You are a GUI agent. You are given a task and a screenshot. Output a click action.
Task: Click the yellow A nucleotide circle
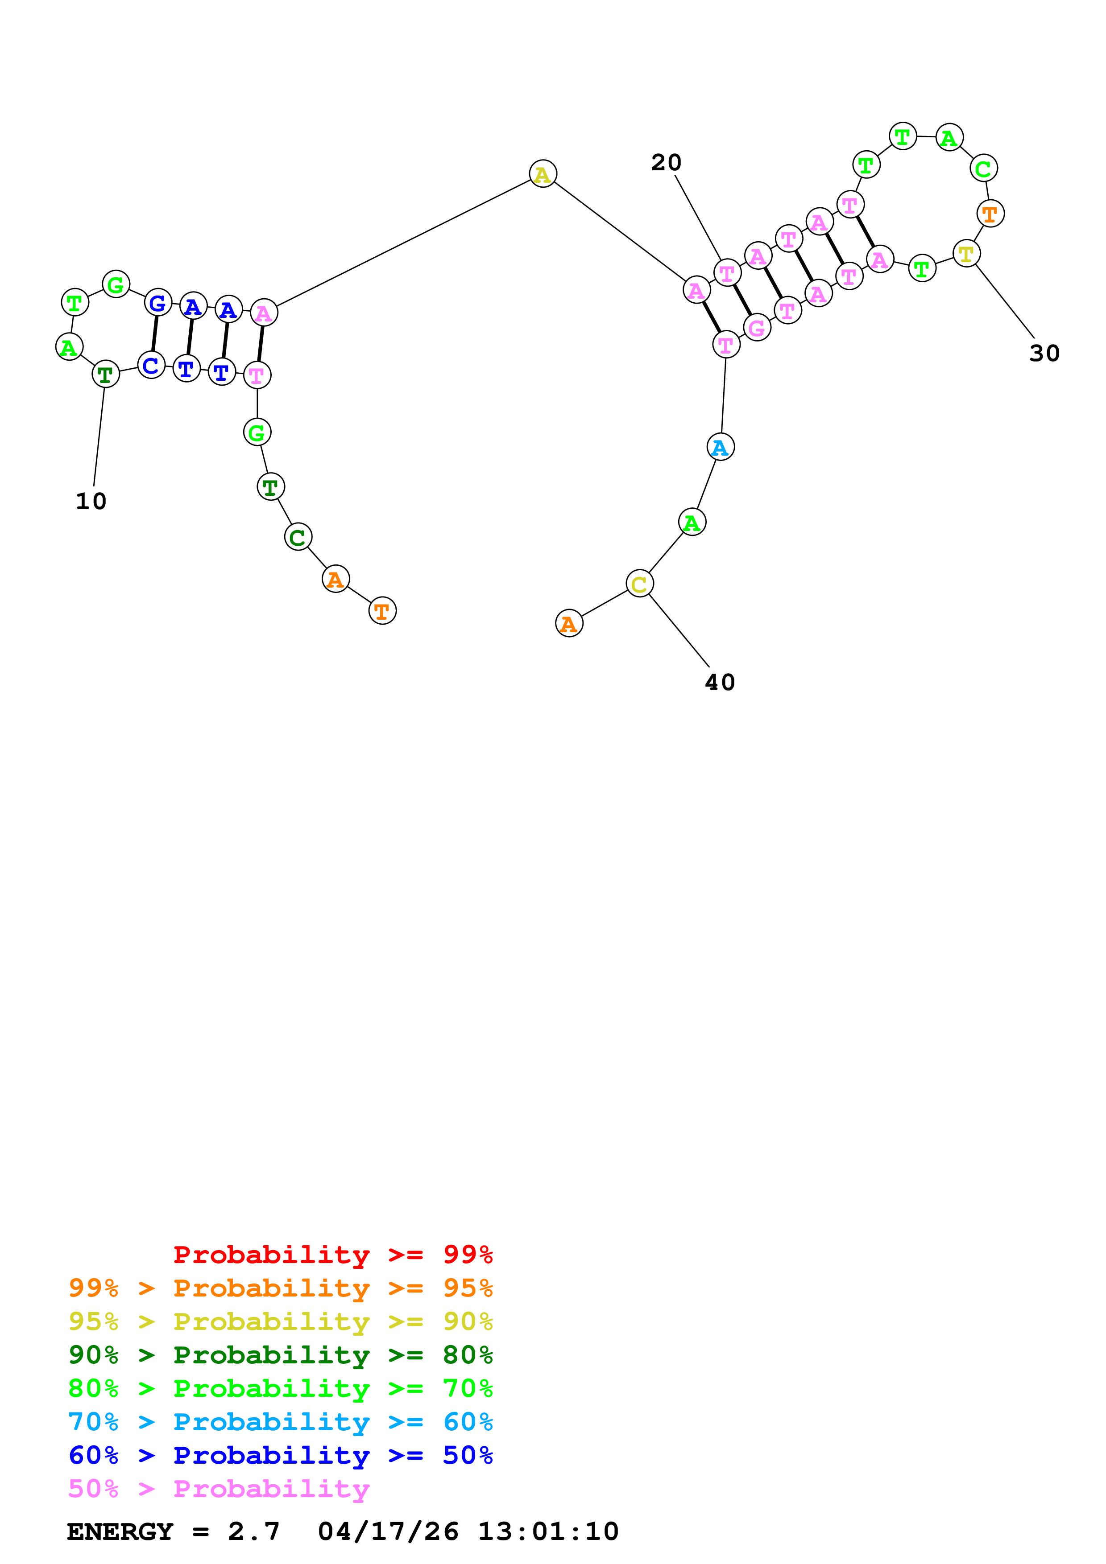[543, 174]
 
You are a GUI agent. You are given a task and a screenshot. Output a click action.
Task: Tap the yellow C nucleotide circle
[639, 583]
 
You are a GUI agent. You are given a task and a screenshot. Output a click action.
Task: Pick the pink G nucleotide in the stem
[757, 328]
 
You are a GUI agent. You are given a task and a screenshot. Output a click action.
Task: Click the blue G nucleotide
[158, 303]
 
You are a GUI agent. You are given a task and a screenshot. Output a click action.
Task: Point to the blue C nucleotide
[151, 365]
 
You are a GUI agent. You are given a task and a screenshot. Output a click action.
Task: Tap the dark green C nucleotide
[298, 537]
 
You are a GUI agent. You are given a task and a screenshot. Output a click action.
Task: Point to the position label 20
[666, 163]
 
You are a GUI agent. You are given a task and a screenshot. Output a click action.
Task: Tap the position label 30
[1044, 354]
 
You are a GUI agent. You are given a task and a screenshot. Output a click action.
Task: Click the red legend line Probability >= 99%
[332, 1254]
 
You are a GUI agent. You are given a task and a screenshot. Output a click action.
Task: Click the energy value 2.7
[253, 1531]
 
